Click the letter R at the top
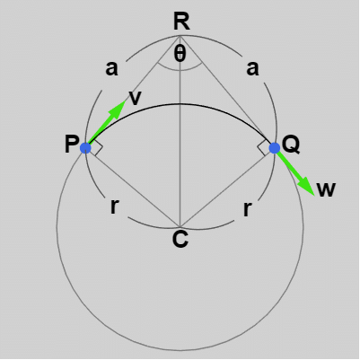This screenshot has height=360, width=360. [181, 22]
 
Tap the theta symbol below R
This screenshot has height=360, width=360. [180, 54]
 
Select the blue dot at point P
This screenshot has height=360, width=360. [85, 148]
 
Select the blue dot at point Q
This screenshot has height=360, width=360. [275, 148]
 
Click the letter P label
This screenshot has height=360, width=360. [72, 144]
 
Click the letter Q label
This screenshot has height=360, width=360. [291, 145]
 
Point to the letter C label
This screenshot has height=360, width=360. [180, 239]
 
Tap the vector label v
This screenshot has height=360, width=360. [135, 98]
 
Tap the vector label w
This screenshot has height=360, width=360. [326, 189]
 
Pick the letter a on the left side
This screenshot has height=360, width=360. [111, 68]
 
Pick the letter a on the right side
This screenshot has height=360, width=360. [252, 68]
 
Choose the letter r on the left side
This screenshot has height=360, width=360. [115, 206]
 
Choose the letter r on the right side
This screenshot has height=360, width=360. [247, 208]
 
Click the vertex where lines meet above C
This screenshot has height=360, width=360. [180, 226]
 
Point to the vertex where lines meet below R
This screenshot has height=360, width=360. [180, 35]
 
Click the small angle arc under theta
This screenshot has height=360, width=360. [180, 71]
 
